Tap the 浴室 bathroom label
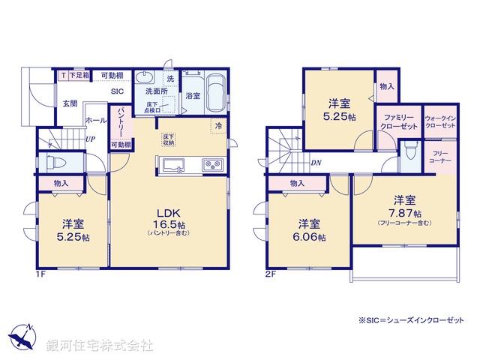(x=192, y=96)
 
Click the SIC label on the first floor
(x=117, y=91)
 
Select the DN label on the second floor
(x=317, y=161)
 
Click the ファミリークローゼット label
(x=398, y=122)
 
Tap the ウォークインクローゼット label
(x=439, y=122)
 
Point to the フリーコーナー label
(x=439, y=157)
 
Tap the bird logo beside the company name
(x=23, y=336)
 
